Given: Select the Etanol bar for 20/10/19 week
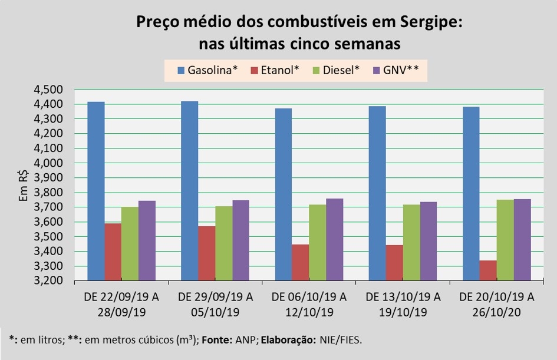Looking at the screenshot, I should pyautogui.click(x=487, y=270).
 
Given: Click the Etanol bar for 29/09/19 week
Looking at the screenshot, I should pyautogui.click(x=206, y=253).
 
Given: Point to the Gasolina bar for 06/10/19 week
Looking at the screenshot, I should pyautogui.click(x=284, y=194).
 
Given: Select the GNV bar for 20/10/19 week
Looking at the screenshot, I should pyautogui.click(x=522, y=240).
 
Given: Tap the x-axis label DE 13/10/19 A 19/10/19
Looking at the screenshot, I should pyautogui.click(x=403, y=303).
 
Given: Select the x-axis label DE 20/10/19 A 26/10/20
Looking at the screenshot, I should pyautogui.click(x=496, y=303).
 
